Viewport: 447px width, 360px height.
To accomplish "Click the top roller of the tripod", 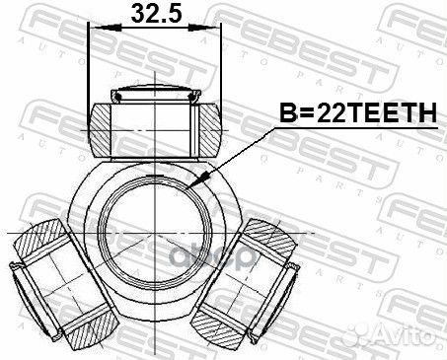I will [154, 126].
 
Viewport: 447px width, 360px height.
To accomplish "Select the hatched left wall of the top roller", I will [104, 126].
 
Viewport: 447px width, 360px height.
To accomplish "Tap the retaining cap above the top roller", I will [154, 96].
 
